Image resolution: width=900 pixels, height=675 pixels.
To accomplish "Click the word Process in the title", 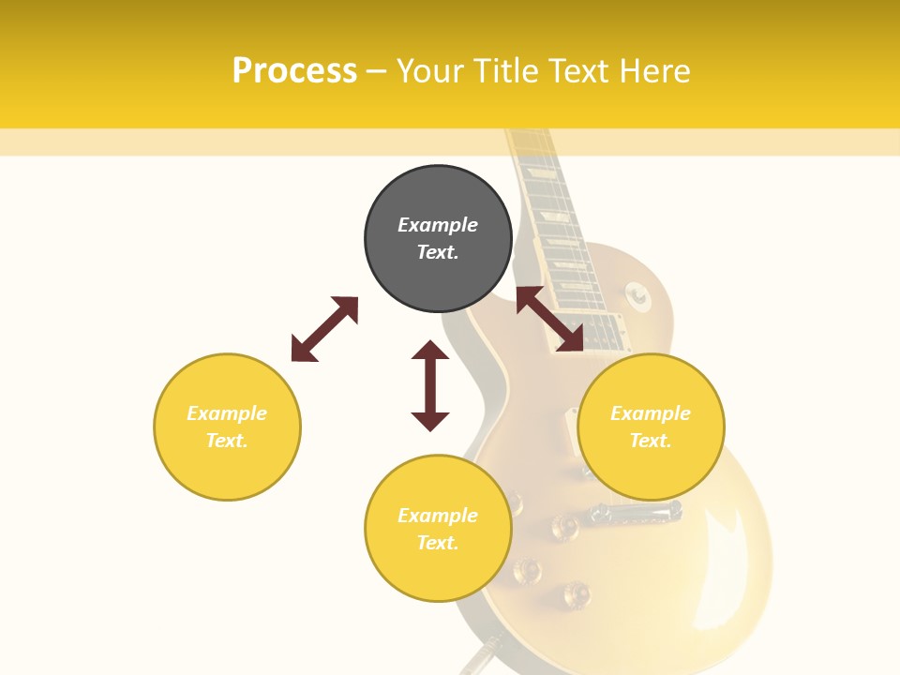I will click(x=294, y=71).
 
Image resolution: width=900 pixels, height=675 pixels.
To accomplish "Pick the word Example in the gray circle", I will click(x=438, y=225).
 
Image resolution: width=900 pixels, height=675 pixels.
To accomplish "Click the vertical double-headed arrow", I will click(x=430, y=385).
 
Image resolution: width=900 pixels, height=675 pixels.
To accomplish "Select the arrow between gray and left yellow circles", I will click(x=324, y=329).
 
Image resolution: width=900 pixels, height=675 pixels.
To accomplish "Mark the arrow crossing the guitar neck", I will click(x=549, y=319).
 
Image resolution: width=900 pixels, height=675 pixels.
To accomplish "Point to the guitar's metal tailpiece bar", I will click(x=634, y=512).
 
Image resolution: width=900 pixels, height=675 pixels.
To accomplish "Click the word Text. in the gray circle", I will click(x=438, y=252).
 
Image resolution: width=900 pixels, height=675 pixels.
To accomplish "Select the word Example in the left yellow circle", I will click(x=227, y=413).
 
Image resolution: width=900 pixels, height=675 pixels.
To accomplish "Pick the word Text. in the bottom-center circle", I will click(x=438, y=543).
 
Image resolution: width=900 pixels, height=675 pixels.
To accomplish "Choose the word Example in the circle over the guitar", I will click(x=651, y=413).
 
